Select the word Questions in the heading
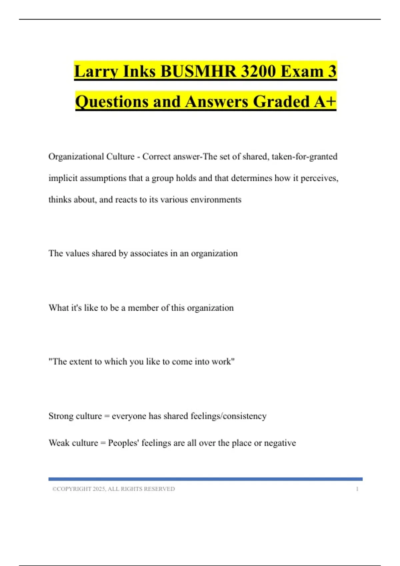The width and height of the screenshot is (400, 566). [x=111, y=102]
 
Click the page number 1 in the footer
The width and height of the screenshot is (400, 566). [x=357, y=489]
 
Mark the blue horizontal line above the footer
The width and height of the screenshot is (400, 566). [x=205, y=479]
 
